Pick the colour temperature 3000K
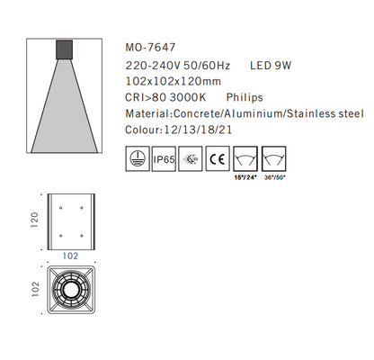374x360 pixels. (x=194, y=98)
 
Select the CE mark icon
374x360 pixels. (x=217, y=162)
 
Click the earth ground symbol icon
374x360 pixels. (x=136, y=162)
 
